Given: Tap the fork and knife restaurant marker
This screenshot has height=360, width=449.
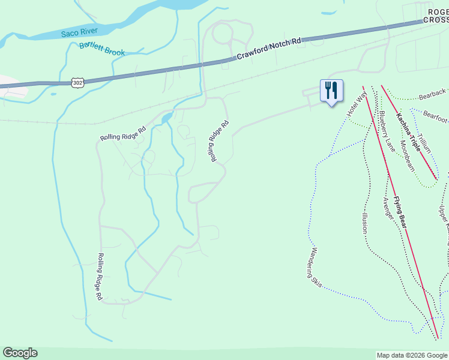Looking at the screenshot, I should coord(331,91).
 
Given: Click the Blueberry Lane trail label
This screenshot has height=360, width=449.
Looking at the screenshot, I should coord(387,131).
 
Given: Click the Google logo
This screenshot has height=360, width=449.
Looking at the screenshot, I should coord(20,353).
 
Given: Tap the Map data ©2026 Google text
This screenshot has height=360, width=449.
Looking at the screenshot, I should coord(412,355).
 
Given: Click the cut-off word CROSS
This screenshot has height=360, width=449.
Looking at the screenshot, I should coord(435,19).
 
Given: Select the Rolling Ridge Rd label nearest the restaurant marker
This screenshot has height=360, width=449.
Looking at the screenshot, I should coord(219,141).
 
